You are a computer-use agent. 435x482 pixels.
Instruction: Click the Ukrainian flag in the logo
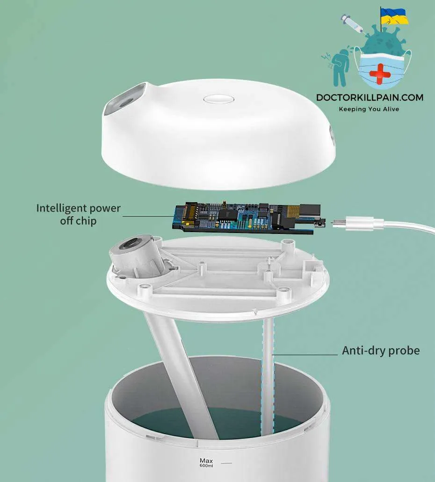tap(394, 16)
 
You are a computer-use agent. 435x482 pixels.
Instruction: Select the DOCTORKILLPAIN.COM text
tap(370, 97)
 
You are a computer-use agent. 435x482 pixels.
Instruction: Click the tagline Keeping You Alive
tap(369, 109)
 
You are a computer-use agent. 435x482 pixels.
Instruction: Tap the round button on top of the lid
tap(219, 99)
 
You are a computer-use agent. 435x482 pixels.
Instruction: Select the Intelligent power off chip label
tap(79, 214)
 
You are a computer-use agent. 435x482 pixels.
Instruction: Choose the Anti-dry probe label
tap(381, 351)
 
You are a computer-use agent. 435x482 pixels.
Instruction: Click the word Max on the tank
tap(206, 460)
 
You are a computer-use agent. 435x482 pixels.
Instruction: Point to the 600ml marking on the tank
tap(206, 466)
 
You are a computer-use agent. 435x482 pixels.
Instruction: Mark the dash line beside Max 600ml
tap(226, 463)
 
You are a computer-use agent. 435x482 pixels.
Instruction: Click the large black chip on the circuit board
tap(228, 214)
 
